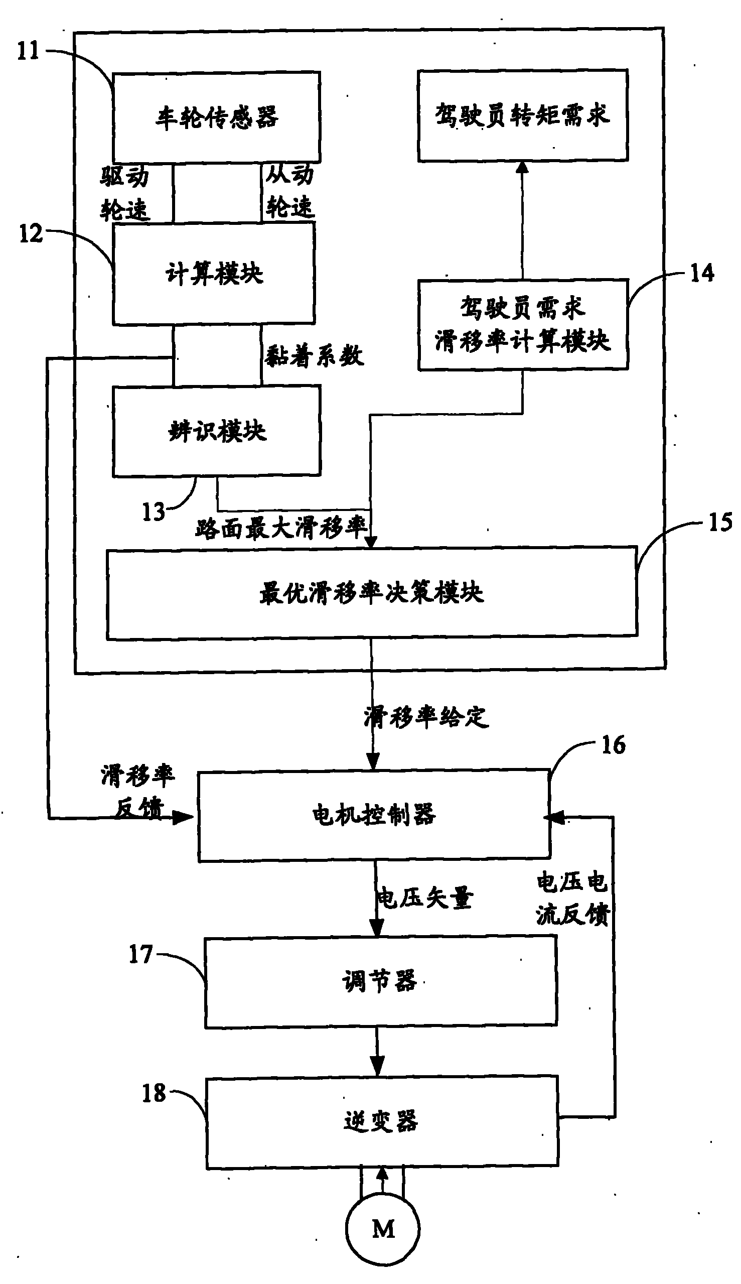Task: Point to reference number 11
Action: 28,51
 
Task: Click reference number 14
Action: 702,274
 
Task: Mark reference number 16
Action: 614,745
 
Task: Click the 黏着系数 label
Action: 315,355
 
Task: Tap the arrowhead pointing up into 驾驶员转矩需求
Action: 522,168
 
